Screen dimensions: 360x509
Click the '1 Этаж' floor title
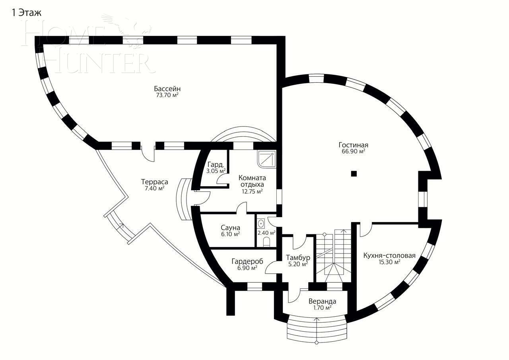click(x=27, y=12)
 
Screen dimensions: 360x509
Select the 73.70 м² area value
click(x=167, y=95)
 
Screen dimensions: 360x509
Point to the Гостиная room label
click(x=354, y=145)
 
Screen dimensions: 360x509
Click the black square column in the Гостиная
click(x=354, y=173)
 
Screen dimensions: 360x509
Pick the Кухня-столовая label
click(x=389, y=255)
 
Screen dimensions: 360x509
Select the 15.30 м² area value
click(x=389, y=262)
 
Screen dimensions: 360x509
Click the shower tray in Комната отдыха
click(x=266, y=159)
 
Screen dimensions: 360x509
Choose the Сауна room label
click(x=230, y=228)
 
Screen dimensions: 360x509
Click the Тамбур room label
click(x=298, y=258)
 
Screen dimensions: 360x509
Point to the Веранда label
click(x=322, y=301)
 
